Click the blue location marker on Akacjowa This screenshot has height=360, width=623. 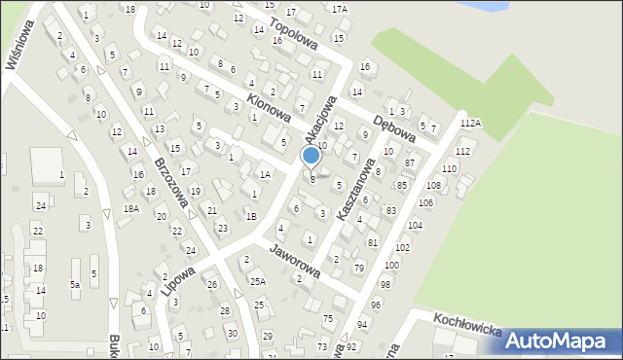[x=311, y=155]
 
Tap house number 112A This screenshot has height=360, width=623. [x=471, y=124]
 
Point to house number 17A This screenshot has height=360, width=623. [x=339, y=9]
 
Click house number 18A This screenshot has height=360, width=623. [x=131, y=208]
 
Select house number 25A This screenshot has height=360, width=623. [x=257, y=281]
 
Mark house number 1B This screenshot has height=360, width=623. [x=251, y=216]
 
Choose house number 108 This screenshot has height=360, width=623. [x=433, y=185]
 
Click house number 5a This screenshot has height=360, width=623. [x=74, y=285]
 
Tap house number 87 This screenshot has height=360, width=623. [x=410, y=162]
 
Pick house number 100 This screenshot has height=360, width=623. [x=391, y=265]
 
